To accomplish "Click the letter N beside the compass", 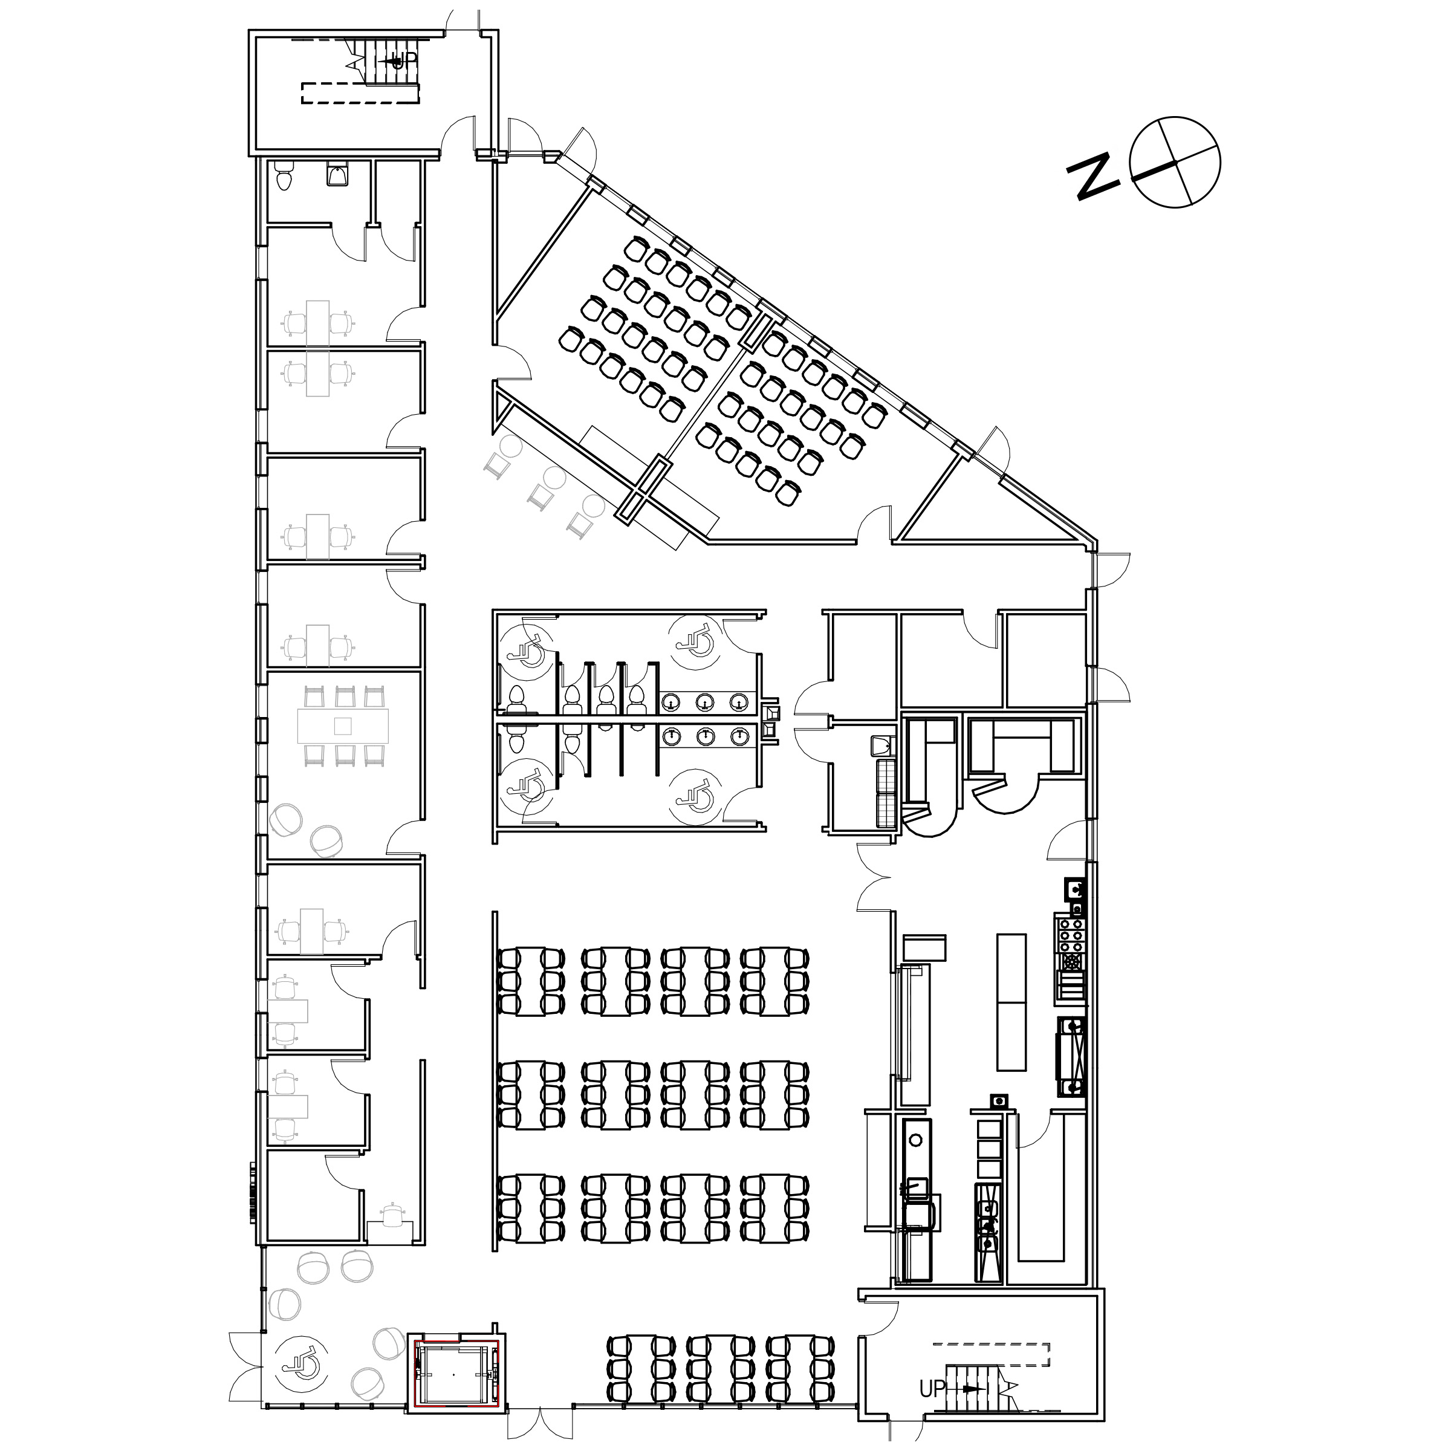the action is coord(1094,177).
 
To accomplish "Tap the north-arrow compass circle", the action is coord(1175,161).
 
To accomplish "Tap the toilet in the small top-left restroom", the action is coord(284,177).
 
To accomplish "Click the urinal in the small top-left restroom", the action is coord(337,174).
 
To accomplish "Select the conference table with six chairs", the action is coord(343,726).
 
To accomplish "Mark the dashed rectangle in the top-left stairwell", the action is coord(360,93).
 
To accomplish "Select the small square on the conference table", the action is coord(343,726).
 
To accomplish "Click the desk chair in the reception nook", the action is coord(393,1215).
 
